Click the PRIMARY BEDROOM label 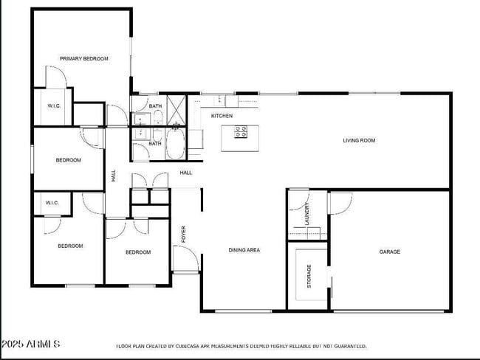(x=84, y=58)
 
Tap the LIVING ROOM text (x=360, y=140)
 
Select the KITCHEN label (x=222, y=116)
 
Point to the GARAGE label (x=389, y=252)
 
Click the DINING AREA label (x=244, y=250)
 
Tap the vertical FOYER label (x=184, y=234)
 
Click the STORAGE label (x=309, y=275)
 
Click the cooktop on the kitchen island (x=241, y=132)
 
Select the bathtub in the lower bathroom (x=175, y=143)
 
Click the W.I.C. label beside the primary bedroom (x=53, y=105)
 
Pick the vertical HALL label (x=113, y=176)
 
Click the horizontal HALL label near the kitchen (x=185, y=173)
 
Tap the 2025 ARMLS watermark (x=30, y=344)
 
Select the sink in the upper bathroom (x=141, y=117)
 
